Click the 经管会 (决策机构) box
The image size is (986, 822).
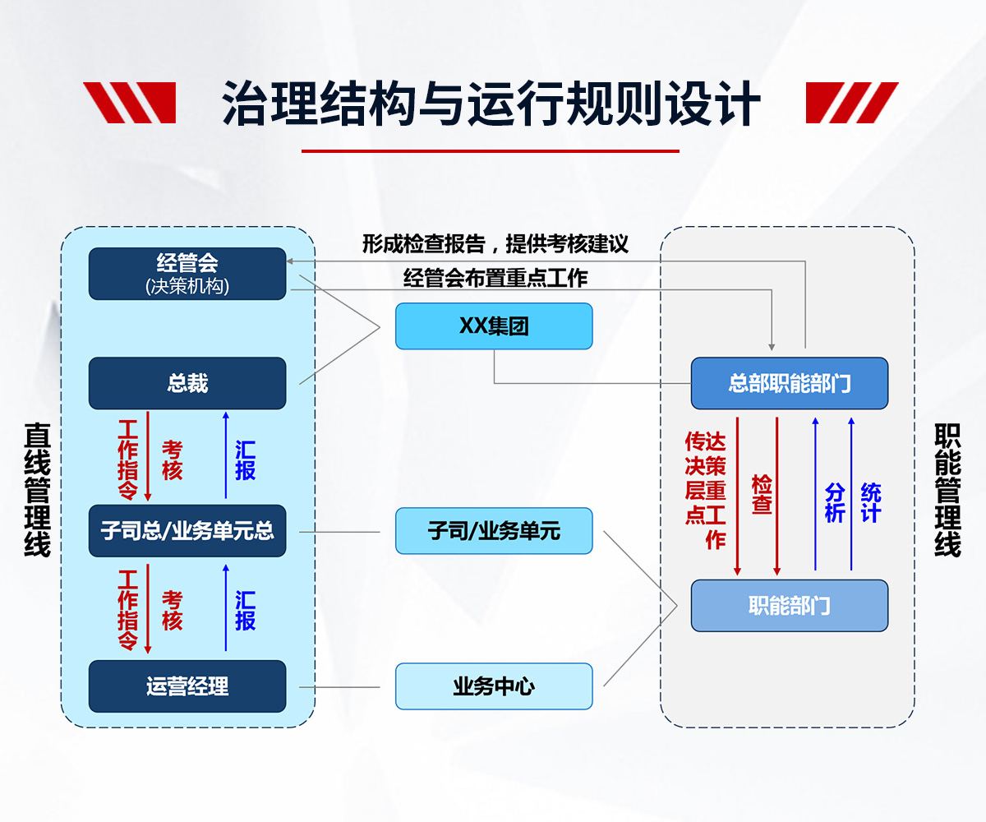[x=187, y=274]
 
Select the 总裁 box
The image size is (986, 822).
[x=187, y=383]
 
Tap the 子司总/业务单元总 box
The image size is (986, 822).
[x=187, y=531]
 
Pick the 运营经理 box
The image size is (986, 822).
[x=187, y=686]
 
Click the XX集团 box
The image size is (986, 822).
[x=494, y=326]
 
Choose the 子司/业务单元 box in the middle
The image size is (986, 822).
[x=494, y=531]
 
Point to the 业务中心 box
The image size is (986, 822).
[x=494, y=686]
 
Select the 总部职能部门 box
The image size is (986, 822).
[x=789, y=383]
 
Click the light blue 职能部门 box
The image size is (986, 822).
[x=789, y=606]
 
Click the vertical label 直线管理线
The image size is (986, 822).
[x=37, y=490]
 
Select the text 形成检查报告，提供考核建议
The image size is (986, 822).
[x=495, y=244]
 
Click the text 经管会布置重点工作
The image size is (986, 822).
[x=495, y=278]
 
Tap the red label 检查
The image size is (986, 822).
[x=762, y=494]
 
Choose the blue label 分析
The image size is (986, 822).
[x=835, y=502]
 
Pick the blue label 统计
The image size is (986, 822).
[x=871, y=502]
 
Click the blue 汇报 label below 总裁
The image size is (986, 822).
[x=245, y=460]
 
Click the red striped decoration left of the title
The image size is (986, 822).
[x=130, y=103]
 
